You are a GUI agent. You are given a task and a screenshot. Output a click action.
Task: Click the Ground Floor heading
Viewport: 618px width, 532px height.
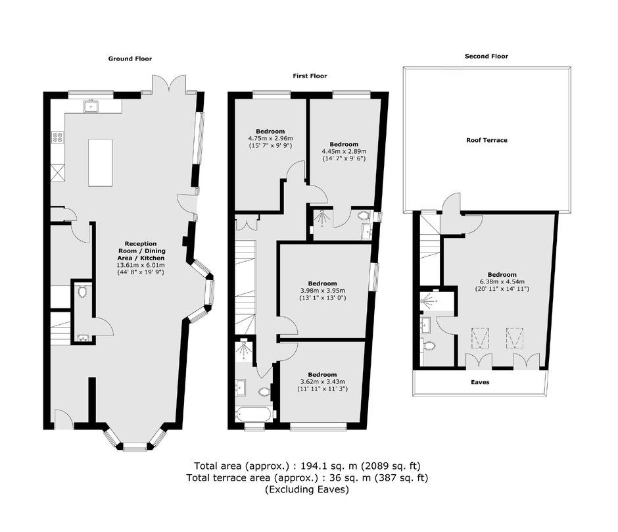(x=130, y=59)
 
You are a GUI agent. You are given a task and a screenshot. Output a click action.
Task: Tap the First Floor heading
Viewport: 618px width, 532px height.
(x=310, y=76)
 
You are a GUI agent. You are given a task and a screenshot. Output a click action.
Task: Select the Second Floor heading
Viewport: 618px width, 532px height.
(x=487, y=57)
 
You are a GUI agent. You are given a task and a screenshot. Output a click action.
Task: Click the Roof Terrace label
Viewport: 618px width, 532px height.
(x=487, y=140)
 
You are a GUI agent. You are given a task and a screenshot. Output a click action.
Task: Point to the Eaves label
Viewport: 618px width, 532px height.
(x=480, y=382)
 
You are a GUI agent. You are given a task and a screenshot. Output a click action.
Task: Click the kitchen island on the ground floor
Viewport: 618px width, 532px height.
(x=101, y=162)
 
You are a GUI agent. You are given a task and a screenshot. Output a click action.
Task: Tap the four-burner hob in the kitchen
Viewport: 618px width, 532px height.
(x=58, y=137)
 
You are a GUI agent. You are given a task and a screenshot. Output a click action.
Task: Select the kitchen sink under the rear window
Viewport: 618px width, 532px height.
(x=91, y=106)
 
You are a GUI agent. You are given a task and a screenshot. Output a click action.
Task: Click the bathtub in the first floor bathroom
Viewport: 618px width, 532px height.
(x=253, y=414)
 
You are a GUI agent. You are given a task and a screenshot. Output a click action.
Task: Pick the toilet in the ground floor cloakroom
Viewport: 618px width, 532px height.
(x=82, y=291)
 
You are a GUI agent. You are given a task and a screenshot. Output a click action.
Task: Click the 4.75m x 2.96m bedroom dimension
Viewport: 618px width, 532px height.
(x=270, y=138)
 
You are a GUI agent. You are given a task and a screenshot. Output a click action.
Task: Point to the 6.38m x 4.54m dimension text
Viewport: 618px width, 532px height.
(x=502, y=281)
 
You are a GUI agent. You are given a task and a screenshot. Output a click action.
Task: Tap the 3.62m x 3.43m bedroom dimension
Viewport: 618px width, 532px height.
(x=322, y=382)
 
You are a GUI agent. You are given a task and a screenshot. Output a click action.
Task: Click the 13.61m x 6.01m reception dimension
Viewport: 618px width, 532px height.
(x=141, y=265)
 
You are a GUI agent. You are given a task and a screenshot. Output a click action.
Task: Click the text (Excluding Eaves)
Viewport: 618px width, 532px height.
(x=306, y=490)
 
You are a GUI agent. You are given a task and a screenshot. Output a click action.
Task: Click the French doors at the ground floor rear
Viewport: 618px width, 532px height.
(x=169, y=84)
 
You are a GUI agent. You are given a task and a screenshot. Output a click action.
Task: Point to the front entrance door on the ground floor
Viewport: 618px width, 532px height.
(x=64, y=420)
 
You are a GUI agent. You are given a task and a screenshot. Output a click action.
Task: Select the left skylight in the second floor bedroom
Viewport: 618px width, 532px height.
(x=480, y=338)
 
